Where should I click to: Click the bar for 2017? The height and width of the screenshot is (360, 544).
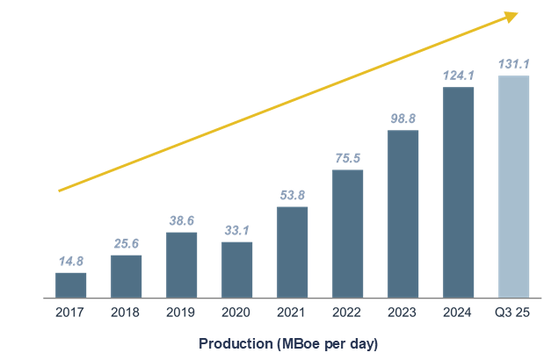pos(70,285)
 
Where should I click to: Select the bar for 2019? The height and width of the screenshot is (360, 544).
pos(181,265)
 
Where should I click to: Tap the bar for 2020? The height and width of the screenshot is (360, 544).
pos(236,270)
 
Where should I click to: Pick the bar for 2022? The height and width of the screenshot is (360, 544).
pos(347,234)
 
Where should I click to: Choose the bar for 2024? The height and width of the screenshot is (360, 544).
pos(458,192)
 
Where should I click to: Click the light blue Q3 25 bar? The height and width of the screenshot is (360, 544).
pos(513,187)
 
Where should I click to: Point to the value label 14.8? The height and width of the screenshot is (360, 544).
pos(70,262)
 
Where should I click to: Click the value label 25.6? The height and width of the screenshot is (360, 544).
pos(126,244)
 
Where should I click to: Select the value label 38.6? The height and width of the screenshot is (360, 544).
pos(181,221)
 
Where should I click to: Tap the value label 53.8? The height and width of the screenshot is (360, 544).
pos(292,196)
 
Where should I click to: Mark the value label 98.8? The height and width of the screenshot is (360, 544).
pos(403,119)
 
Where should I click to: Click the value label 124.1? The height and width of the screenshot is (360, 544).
pos(458,76)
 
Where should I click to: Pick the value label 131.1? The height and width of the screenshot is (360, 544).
pos(513,64)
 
